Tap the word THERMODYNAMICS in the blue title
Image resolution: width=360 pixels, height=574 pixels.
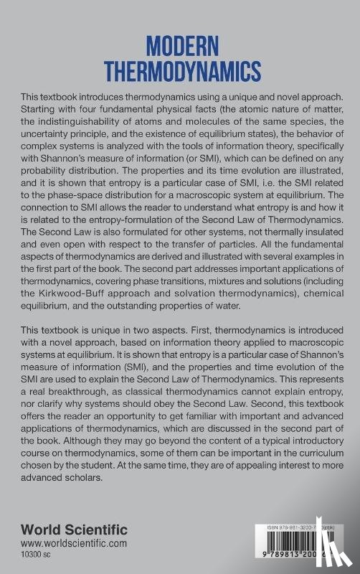tap(179, 72)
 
